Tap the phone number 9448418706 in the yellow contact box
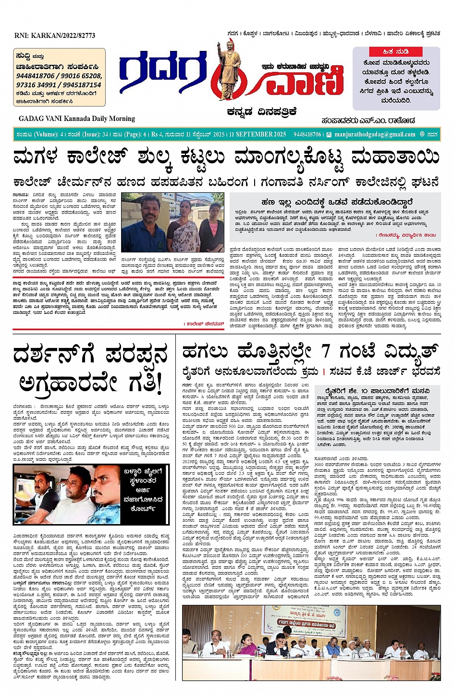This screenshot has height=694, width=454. coord(36,76)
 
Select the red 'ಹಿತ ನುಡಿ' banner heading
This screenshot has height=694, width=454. coord(395,52)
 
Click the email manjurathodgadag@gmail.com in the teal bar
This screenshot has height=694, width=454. coord(375,134)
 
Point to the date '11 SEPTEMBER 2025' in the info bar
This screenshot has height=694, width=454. coord(258,134)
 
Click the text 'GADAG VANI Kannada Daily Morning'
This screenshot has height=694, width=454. coord(77,119)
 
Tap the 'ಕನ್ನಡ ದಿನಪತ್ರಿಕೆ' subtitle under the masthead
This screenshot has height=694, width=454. coord(262,112)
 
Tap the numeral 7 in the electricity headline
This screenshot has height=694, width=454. coord(326,351)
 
